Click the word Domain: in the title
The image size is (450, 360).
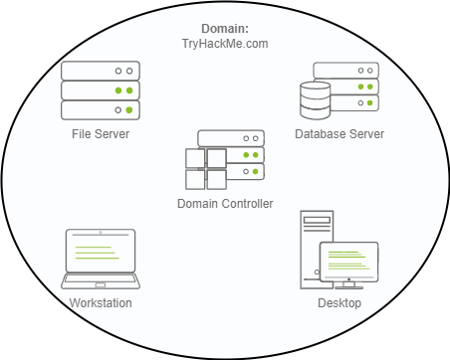[225, 29]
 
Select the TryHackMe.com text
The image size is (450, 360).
[225, 44]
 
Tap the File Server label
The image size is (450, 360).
[101, 134]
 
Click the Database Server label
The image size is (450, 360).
[339, 134]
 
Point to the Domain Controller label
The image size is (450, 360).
[225, 204]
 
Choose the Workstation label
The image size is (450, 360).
[101, 303]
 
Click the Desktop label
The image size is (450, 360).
[339, 303]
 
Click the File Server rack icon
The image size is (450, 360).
[101, 90]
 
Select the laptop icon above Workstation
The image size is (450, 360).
[101, 259]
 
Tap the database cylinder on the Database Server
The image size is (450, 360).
[315, 100]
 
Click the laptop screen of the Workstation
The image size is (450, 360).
[101, 251]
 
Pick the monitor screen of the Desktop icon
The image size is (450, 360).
[348, 262]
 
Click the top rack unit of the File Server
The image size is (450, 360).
[101, 71]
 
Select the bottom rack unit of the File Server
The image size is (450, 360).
[101, 110]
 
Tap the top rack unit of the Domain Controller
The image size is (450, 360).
[231, 138]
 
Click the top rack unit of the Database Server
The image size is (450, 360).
[346, 71]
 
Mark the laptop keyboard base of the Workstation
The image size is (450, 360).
[101, 281]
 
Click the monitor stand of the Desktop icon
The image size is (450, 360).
[348, 285]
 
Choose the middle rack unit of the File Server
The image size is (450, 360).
[101, 90]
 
